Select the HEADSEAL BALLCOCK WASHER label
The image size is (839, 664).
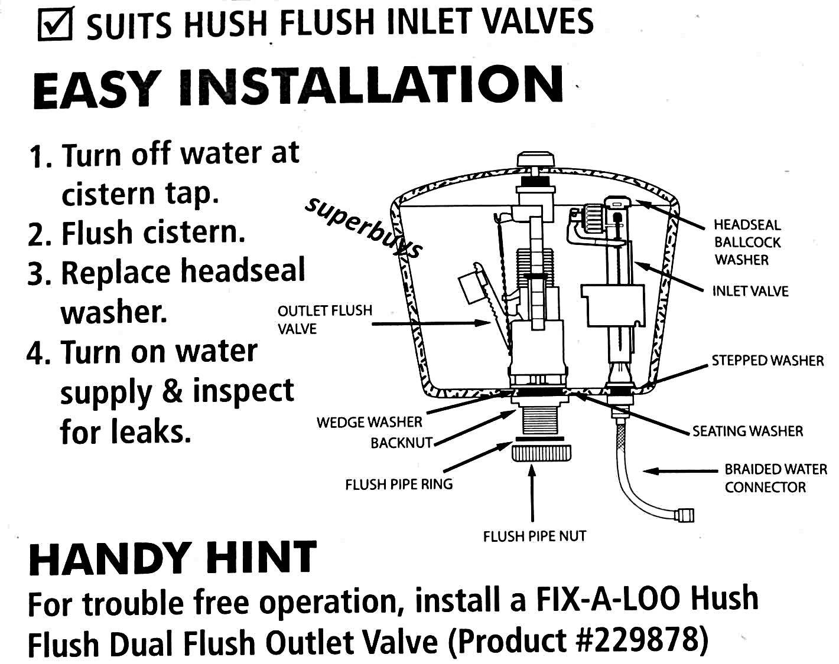coord(747,242)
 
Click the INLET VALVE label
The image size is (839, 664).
coord(750,292)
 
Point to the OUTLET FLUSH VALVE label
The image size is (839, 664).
coord(325,319)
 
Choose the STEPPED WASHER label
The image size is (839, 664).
coord(768,361)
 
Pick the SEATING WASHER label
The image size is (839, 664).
coord(747,431)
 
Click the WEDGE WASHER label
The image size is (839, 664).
coord(369,422)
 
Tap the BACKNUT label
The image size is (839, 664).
coord(402,443)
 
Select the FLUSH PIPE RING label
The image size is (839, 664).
coord(399,485)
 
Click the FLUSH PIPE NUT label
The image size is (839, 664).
coord(535,537)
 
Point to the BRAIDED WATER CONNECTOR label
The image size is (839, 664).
coord(775,478)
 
